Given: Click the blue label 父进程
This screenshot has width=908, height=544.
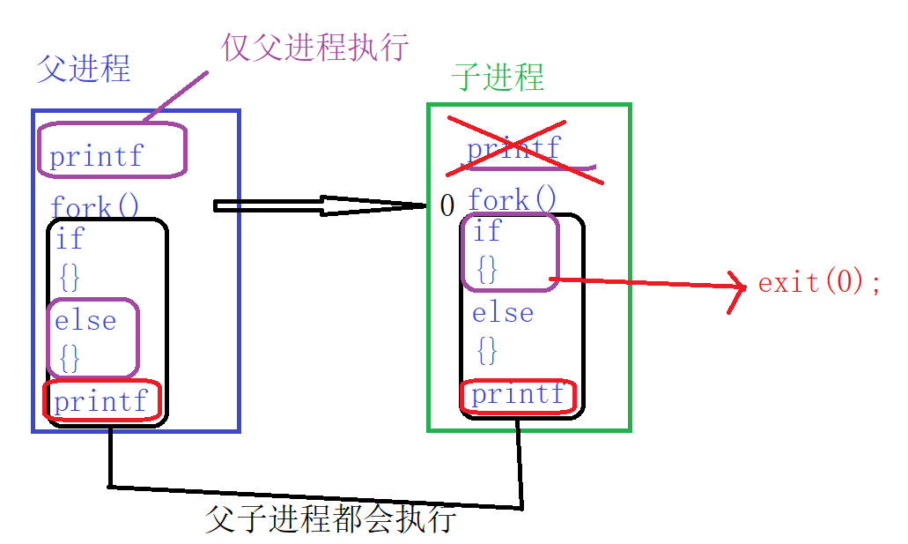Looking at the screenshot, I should (84, 69).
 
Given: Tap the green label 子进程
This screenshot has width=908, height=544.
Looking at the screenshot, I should (498, 77).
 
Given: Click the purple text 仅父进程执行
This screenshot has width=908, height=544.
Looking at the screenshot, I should (315, 46).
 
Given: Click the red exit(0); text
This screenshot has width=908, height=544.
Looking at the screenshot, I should (819, 283).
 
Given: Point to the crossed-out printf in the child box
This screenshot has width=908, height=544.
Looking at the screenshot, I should (513, 148).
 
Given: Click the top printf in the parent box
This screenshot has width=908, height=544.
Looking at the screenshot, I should (96, 157).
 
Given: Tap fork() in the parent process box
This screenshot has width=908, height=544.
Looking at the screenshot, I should (95, 207).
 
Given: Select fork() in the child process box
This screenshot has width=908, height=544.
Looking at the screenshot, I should (513, 200).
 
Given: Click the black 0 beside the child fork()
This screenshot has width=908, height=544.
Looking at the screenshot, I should (447, 206).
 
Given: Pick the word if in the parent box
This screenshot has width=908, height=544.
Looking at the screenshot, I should (70, 238).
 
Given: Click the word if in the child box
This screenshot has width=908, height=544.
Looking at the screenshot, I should (487, 232).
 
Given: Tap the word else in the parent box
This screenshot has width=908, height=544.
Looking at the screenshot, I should (85, 320).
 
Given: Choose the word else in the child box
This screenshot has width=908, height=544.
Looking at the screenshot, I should (503, 313).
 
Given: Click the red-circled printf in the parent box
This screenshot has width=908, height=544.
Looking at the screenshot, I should (101, 402).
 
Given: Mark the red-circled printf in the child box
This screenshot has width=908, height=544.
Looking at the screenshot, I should (518, 395).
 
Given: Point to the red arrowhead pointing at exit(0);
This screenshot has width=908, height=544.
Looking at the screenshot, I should (736, 290).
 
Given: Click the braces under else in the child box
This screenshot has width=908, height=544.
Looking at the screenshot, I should (487, 351).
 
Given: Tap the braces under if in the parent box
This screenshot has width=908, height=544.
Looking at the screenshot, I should (70, 277).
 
